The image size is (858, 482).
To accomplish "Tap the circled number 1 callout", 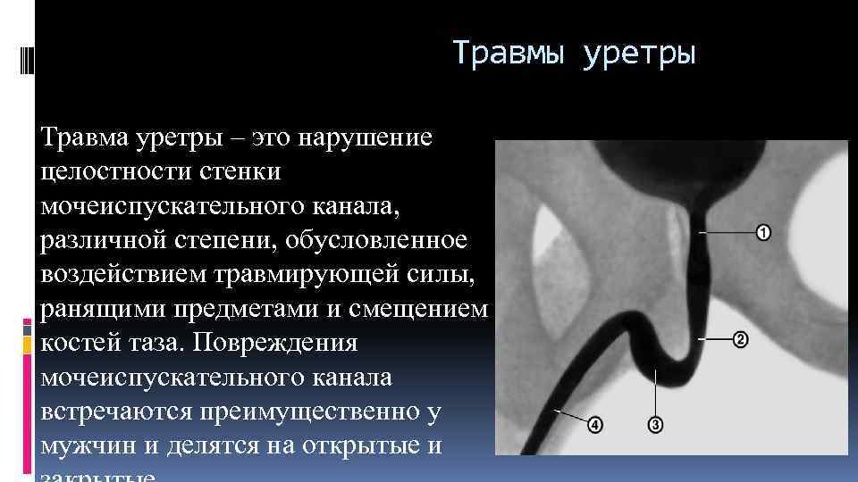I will click(x=763, y=233).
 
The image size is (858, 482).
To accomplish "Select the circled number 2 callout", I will click(x=740, y=340).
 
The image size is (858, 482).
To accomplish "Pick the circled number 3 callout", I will click(x=655, y=426).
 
